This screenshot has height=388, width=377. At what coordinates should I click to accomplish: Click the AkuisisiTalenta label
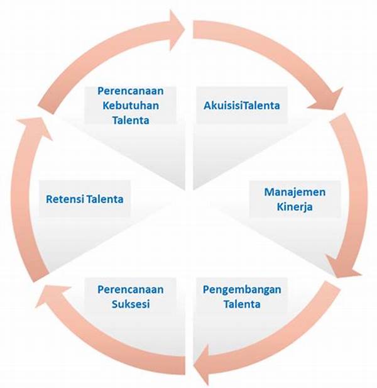[242, 105]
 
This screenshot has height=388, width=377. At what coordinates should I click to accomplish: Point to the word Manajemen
[295, 192]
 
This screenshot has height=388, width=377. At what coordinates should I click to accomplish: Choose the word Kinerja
[295, 206]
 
